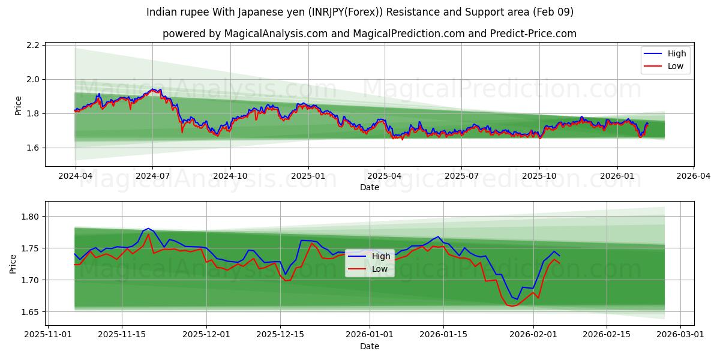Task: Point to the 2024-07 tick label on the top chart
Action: click(x=152, y=176)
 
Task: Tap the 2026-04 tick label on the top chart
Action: click(x=694, y=176)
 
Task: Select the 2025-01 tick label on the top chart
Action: click(x=308, y=176)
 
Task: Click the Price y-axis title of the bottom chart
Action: click(x=13, y=263)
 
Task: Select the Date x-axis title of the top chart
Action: click(x=369, y=187)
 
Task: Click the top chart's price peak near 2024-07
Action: click(x=152, y=89)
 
